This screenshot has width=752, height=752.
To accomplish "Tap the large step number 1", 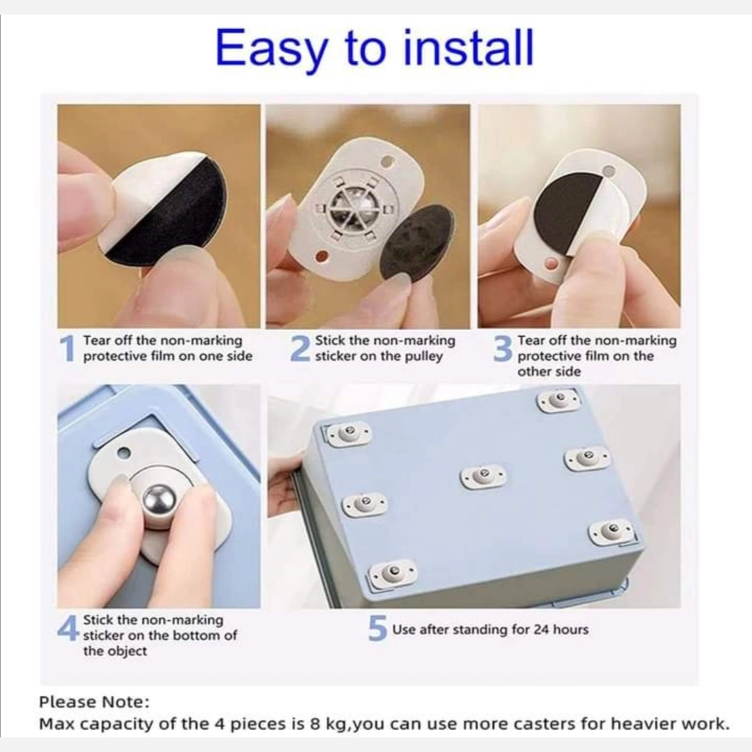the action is pos(68,348).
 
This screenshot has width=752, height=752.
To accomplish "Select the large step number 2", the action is pos(300,348).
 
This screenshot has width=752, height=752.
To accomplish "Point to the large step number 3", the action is pos(503,348).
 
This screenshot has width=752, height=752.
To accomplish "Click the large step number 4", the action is pos(68,627).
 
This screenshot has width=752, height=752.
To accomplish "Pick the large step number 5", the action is pos(377,628).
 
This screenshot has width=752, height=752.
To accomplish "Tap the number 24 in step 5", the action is pos(540,629).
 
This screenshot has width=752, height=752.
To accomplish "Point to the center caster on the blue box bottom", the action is pos(483,476).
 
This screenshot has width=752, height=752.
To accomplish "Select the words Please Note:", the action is pos(94,702).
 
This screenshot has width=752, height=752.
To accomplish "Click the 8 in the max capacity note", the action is pos(315,723).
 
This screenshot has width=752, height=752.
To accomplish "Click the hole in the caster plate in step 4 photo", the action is pos(124,453).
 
